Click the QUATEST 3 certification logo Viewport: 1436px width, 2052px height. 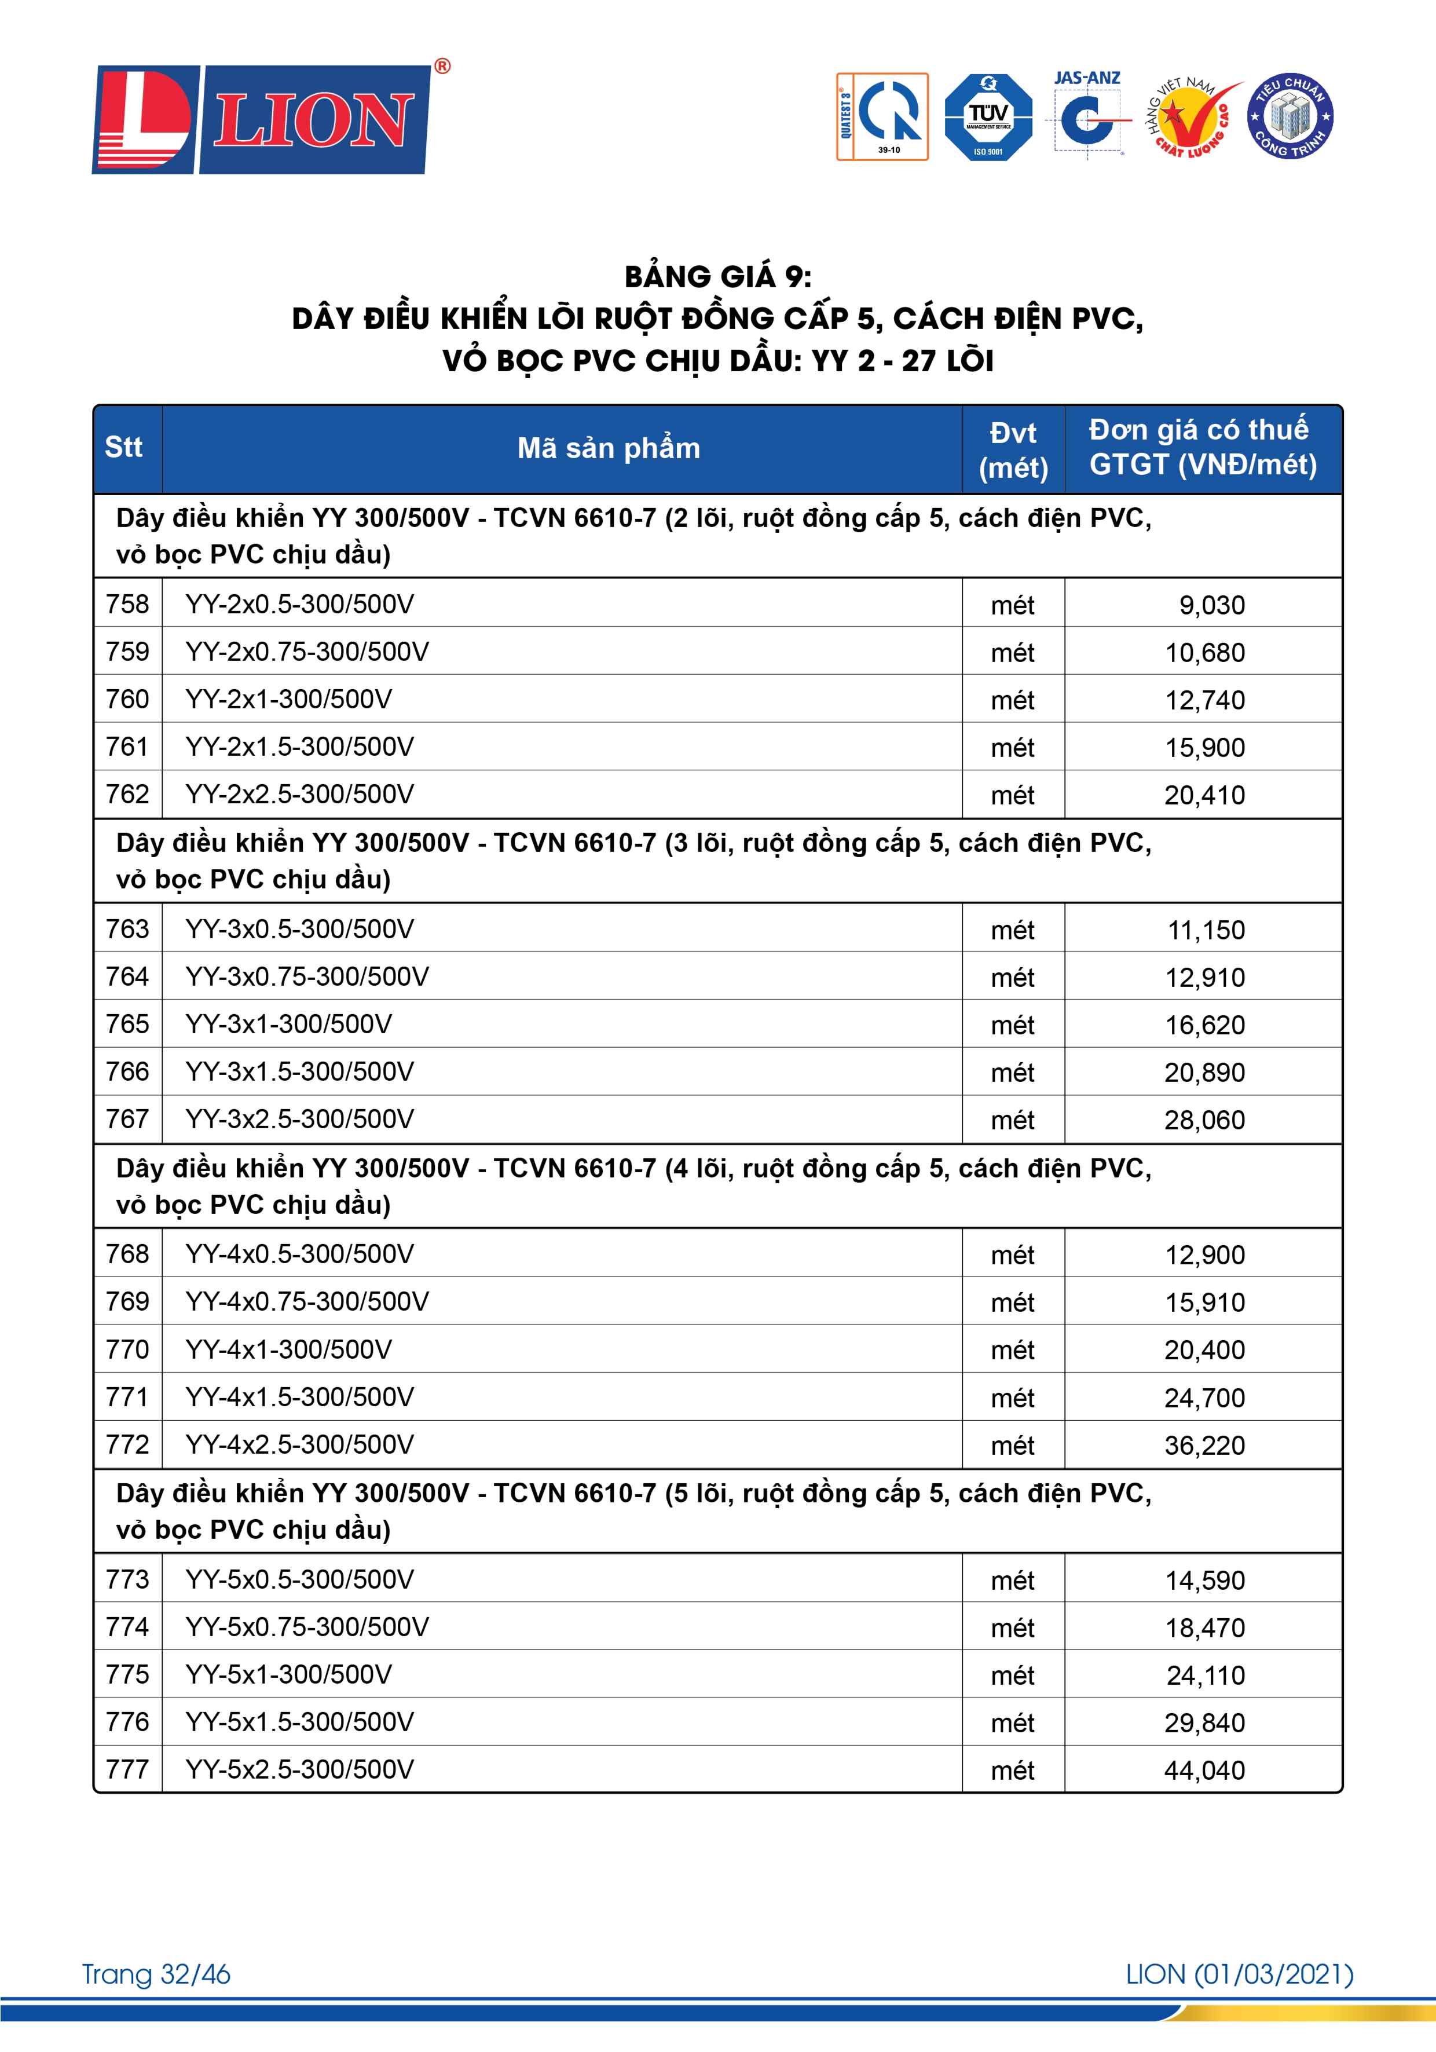(x=882, y=117)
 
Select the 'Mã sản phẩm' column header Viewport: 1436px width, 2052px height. (x=609, y=448)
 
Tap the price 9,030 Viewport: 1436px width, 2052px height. (x=1212, y=605)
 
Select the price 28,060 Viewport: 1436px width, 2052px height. (x=1204, y=1120)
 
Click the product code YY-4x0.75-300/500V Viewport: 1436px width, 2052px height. (x=307, y=1301)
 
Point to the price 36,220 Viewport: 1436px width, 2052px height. (x=1204, y=1445)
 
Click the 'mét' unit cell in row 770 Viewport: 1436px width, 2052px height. (x=1013, y=1349)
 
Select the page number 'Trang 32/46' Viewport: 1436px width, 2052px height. (x=156, y=1974)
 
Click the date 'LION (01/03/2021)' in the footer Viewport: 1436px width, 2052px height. (x=1239, y=1974)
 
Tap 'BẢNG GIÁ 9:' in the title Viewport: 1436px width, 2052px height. (x=717, y=277)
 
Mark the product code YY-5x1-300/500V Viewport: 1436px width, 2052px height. (x=288, y=1674)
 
